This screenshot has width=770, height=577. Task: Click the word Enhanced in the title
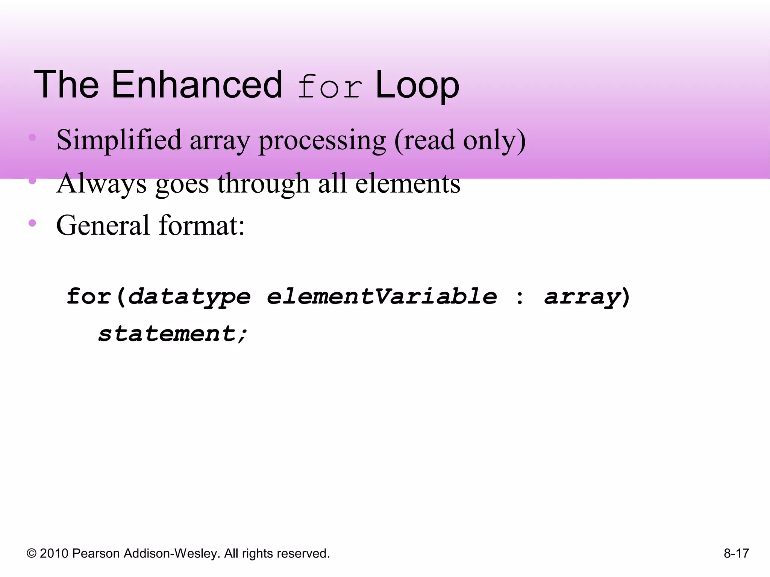coord(196,85)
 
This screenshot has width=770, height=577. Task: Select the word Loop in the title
coord(417,86)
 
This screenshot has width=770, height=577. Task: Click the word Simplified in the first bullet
coord(119,140)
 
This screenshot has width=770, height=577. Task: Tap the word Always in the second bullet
coord(102,184)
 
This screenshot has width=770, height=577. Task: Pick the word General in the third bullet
coord(103,225)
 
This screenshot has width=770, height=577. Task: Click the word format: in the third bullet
coord(202,225)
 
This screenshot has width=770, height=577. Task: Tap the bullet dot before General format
coord(32,223)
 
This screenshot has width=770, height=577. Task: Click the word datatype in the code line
coord(189,297)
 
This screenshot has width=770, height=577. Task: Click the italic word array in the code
coord(582,297)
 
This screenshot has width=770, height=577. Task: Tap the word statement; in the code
coord(173,334)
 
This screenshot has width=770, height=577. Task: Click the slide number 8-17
coord(736,553)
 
